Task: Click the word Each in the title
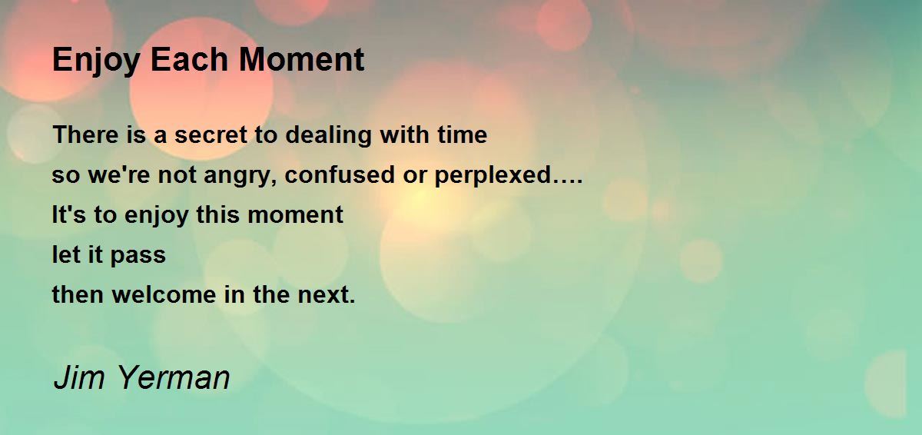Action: (189, 60)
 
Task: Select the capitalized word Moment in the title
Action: (302, 60)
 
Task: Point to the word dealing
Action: (328, 136)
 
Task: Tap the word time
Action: (463, 134)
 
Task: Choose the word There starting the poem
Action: (85, 134)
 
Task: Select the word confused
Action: (340, 174)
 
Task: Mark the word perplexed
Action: (493, 176)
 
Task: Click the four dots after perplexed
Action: (568, 181)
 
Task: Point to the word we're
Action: (119, 174)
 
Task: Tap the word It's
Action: (68, 214)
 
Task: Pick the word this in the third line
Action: (217, 214)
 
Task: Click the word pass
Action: (138, 256)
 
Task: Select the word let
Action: (66, 254)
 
